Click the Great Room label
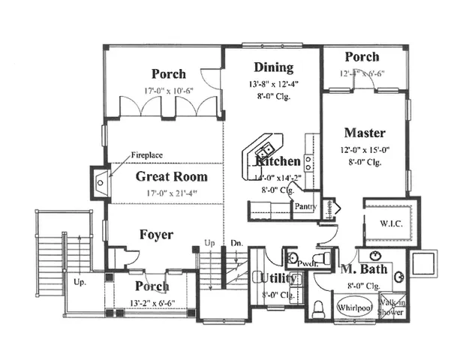pos(171,177)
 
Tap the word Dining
pos(272,67)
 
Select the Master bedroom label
pos(365,133)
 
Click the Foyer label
pos(156,235)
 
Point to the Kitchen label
pos(279,161)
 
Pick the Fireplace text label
pos(147,155)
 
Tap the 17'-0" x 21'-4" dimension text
pos(171,192)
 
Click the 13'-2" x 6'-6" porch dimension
pos(152,304)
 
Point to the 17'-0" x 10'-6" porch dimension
pos(168,90)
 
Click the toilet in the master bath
pos(317,307)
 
